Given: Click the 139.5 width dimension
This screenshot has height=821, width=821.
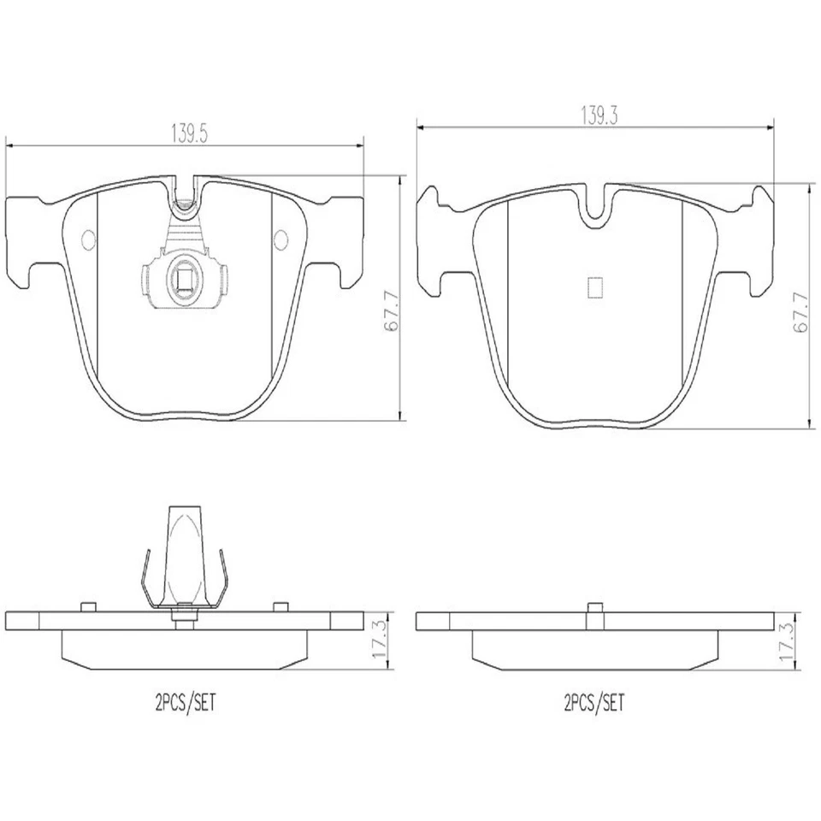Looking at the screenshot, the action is [x=190, y=134].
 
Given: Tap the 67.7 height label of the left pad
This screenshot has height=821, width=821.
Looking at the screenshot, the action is [x=392, y=311].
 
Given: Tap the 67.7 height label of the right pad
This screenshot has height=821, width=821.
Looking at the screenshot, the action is [x=801, y=313].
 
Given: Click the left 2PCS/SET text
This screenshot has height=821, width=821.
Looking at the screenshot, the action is [x=186, y=702].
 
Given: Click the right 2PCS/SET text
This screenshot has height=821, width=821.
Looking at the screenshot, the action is [x=594, y=702].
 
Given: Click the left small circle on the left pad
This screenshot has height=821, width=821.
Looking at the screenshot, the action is [x=89, y=239].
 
